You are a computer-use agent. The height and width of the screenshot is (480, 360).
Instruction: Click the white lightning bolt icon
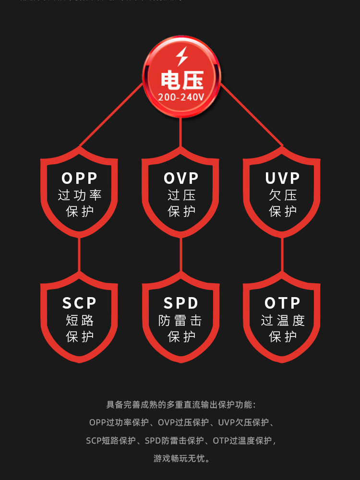pyautogui.click(x=181, y=57)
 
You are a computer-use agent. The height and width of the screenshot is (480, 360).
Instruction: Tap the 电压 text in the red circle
pyautogui.click(x=181, y=80)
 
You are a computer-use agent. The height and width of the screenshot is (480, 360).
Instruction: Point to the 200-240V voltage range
pyautogui.click(x=181, y=97)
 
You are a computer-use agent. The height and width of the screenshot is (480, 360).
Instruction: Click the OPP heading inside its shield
pyautogui.click(x=80, y=178)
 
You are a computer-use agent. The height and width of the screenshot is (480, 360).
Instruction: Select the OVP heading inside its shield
pyautogui.click(x=181, y=178)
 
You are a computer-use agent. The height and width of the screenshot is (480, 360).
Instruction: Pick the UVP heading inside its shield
pyautogui.click(x=282, y=178)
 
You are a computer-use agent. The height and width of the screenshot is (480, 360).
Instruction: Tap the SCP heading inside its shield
pyautogui.click(x=80, y=303)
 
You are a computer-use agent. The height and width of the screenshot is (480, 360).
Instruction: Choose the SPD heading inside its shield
pyautogui.click(x=181, y=303)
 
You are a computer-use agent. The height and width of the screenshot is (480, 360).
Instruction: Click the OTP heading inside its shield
pyautogui.click(x=282, y=303)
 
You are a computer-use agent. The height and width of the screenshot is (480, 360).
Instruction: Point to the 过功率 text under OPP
pyautogui.click(x=80, y=195)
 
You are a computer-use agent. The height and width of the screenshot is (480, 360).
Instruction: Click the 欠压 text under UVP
pyautogui.click(x=282, y=195)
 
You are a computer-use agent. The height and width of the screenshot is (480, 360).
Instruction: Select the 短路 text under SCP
pyautogui.click(x=80, y=320)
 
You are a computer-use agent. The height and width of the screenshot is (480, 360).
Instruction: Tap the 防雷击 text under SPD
pyautogui.click(x=181, y=320)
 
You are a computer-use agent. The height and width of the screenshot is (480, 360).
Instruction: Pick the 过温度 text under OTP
pyautogui.click(x=282, y=320)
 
